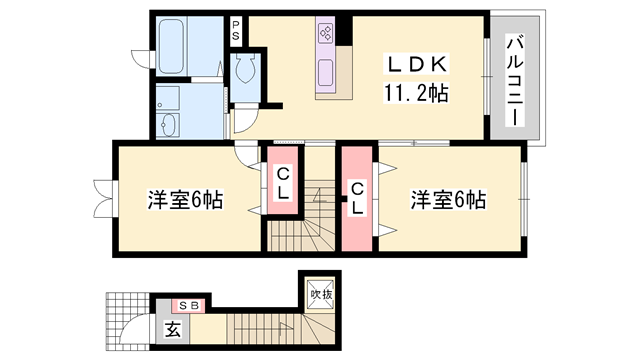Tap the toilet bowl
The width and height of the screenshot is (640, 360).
246,70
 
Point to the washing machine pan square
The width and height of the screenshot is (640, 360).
167,97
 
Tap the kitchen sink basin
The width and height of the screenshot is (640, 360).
327,71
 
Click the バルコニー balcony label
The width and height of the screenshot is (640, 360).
516,79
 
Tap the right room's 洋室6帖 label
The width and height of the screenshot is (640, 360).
447,199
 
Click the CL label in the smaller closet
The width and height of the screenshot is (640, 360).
283,182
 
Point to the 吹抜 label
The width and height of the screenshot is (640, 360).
320,294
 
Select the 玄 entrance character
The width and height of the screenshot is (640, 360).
172,330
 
